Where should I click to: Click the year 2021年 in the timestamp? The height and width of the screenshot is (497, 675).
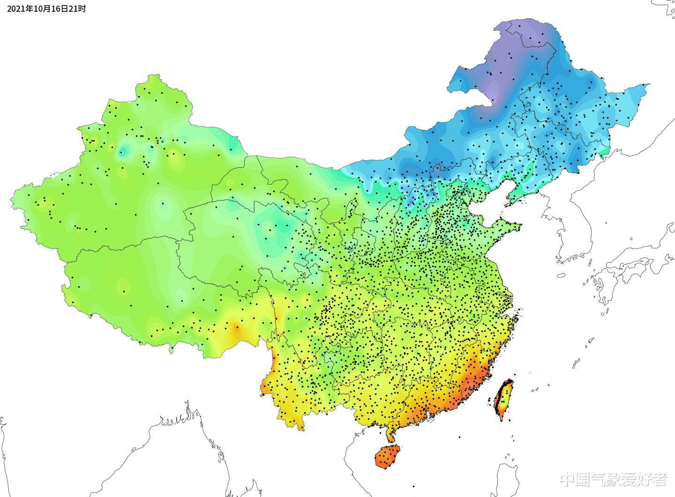(x=16, y=9)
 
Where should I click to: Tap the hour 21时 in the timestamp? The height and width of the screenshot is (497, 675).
(x=77, y=9)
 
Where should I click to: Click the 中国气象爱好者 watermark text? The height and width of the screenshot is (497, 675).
(x=614, y=479)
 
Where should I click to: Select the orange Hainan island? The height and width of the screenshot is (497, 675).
(x=387, y=457)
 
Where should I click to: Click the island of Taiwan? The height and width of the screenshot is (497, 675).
(x=503, y=400)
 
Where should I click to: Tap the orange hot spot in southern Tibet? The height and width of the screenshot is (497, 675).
(x=236, y=329)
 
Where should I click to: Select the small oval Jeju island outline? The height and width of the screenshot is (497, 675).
(x=561, y=275)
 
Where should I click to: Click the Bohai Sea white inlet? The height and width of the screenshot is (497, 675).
(x=490, y=201)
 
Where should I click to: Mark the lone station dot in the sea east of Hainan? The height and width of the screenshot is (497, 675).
(x=459, y=438)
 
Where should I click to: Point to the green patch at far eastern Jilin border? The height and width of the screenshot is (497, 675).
(x=605, y=151)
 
